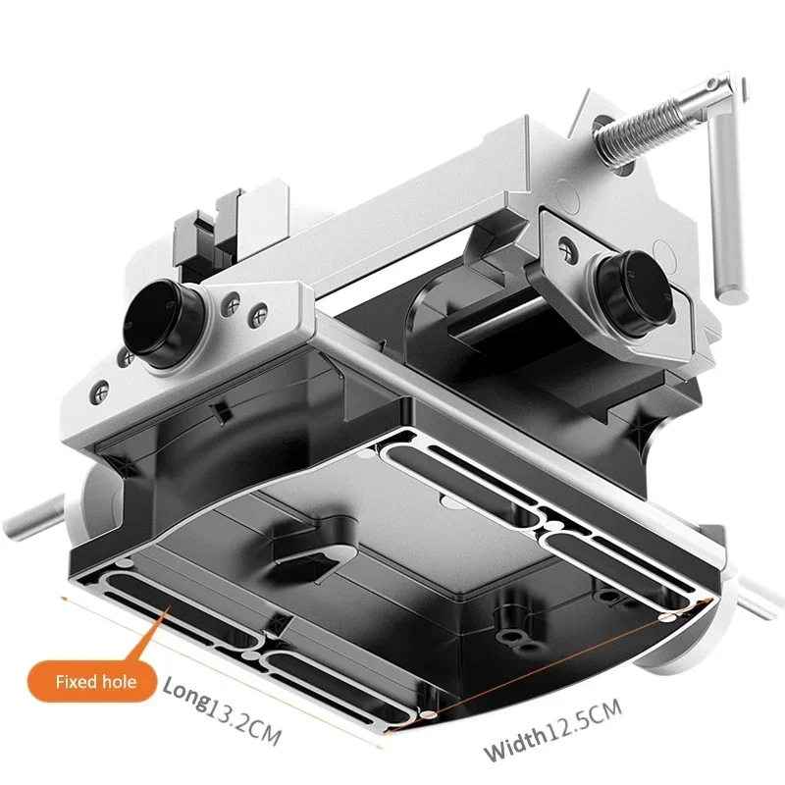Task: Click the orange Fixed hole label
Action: point(94,680)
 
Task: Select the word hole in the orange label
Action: point(119,680)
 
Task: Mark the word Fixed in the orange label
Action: point(74,680)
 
